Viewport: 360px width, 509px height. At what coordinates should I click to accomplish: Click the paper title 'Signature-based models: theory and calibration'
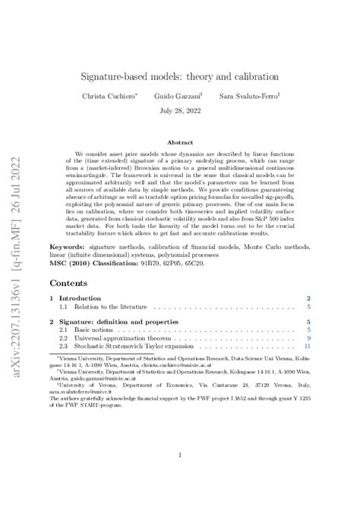[180, 77]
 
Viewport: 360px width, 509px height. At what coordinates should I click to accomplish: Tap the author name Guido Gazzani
[180, 98]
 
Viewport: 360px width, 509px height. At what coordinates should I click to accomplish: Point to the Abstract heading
[180, 142]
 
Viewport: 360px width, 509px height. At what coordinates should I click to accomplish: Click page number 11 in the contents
[308, 347]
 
